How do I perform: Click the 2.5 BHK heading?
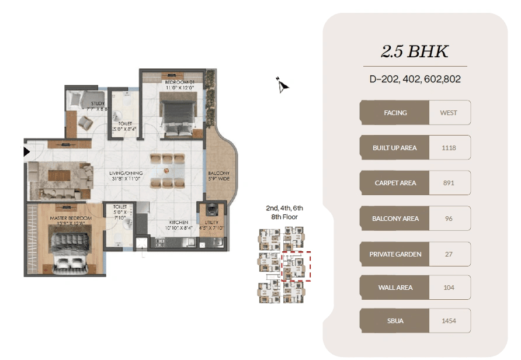tap(415, 51)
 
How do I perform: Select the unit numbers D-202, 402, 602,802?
tap(415, 79)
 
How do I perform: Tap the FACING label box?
tap(395, 113)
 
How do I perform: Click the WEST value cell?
tap(449, 113)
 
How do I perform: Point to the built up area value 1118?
tap(449, 148)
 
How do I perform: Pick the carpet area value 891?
tap(449, 183)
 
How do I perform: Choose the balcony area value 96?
tap(449, 219)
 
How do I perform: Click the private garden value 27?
tap(449, 254)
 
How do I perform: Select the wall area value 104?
tap(449, 288)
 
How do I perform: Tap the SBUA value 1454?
tap(449, 321)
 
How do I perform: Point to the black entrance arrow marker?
tap(26, 153)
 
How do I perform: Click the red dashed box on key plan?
tap(296, 266)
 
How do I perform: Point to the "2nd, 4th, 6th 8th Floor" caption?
tap(284, 212)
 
